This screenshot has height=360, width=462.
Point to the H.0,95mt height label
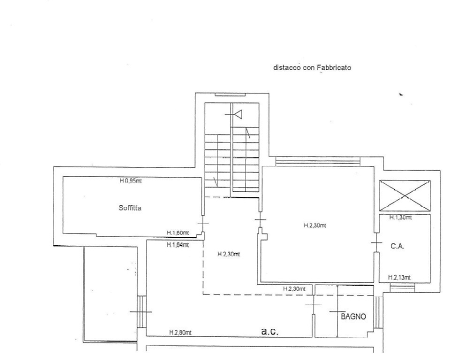(130, 181)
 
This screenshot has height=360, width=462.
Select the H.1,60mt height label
(177, 232)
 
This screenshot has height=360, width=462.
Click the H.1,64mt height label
(177, 244)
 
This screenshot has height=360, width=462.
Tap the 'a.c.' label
(269, 331)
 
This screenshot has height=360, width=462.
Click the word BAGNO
(353, 316)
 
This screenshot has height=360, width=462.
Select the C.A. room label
(397, 246)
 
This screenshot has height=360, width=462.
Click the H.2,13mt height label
(399, 277)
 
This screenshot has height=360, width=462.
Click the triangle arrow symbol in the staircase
(237, 115)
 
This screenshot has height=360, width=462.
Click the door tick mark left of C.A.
(376, 243)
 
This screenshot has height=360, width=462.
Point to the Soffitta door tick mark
(202, 223)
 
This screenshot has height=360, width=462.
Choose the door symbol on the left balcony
(140, 312)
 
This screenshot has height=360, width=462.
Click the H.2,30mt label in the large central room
(315, 225)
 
